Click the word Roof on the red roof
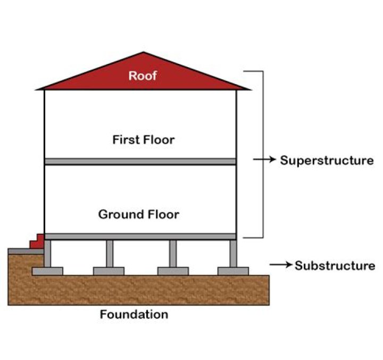[x=143, y=76]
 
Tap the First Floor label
[x=143, y=140]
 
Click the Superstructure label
[x=327, y=160]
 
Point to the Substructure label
[x=335, y=265]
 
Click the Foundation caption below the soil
[x=134, y=314]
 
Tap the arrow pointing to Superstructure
[x=264, y=159]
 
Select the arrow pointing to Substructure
[x=280, y=265]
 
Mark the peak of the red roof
[x=143, y=53]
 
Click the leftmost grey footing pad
[x=47, y=271]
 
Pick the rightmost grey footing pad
[x=233, y=271]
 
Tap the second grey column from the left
[x=109, y=253]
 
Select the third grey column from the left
[x=173, y=253]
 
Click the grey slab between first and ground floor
[x=140, y=161]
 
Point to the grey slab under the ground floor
[x=140, y=236]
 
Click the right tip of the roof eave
[x=248, y=88]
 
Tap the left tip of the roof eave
[x=38, y=88]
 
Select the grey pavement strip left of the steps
[x=19, y=250]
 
